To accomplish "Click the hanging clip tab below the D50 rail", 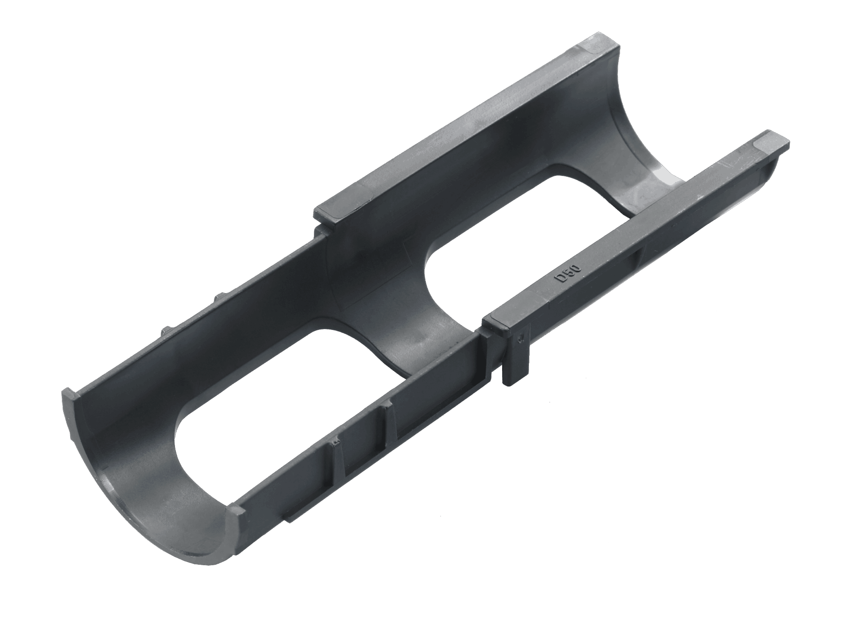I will pos(517,355).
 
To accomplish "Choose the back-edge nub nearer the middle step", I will pos(219,297).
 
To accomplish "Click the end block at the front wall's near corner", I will pos(237,513).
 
